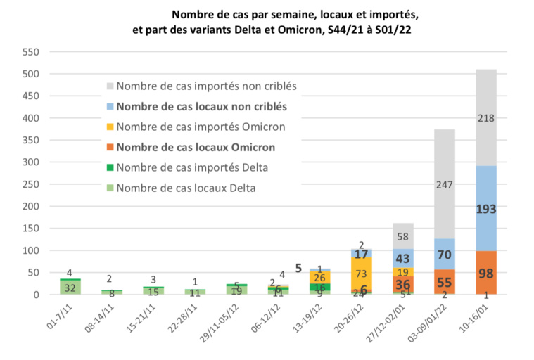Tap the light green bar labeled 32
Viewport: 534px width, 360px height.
pyautogui.click(x=70, y=288)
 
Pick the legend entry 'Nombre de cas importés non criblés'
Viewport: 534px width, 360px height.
pyautogui.click(x=206, y=86)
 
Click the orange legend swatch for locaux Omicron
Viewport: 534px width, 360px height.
pyautogui.click(x=108, y=148)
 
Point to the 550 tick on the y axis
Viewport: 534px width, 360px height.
pyautogui.click(x=30, y=52)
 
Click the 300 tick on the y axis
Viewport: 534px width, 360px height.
pyautogui.click(x=30, y=162)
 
